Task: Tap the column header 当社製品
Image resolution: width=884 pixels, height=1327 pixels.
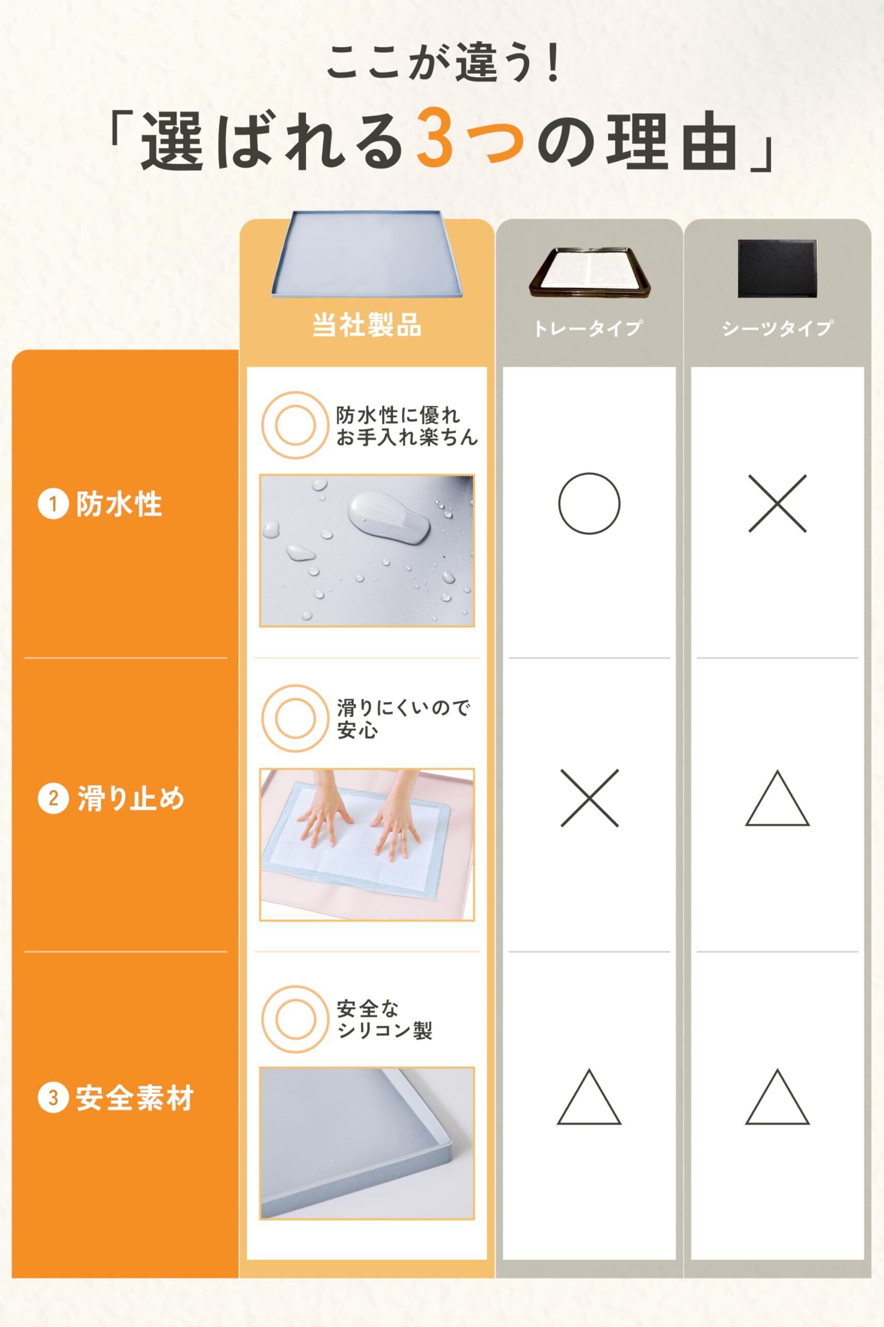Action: coord(367,326)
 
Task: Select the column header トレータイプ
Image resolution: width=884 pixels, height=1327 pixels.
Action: coord(588,328)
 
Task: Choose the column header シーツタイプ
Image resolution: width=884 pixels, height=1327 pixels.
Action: coord(777,328)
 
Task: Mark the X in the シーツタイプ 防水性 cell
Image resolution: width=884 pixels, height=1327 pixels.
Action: coord(777,503)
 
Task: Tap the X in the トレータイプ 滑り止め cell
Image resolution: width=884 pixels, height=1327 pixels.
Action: coord(589,798)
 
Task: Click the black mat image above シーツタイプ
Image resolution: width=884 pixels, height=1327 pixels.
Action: coord(777,269)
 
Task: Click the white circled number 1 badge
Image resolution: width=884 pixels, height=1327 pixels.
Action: coord(53,504)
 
